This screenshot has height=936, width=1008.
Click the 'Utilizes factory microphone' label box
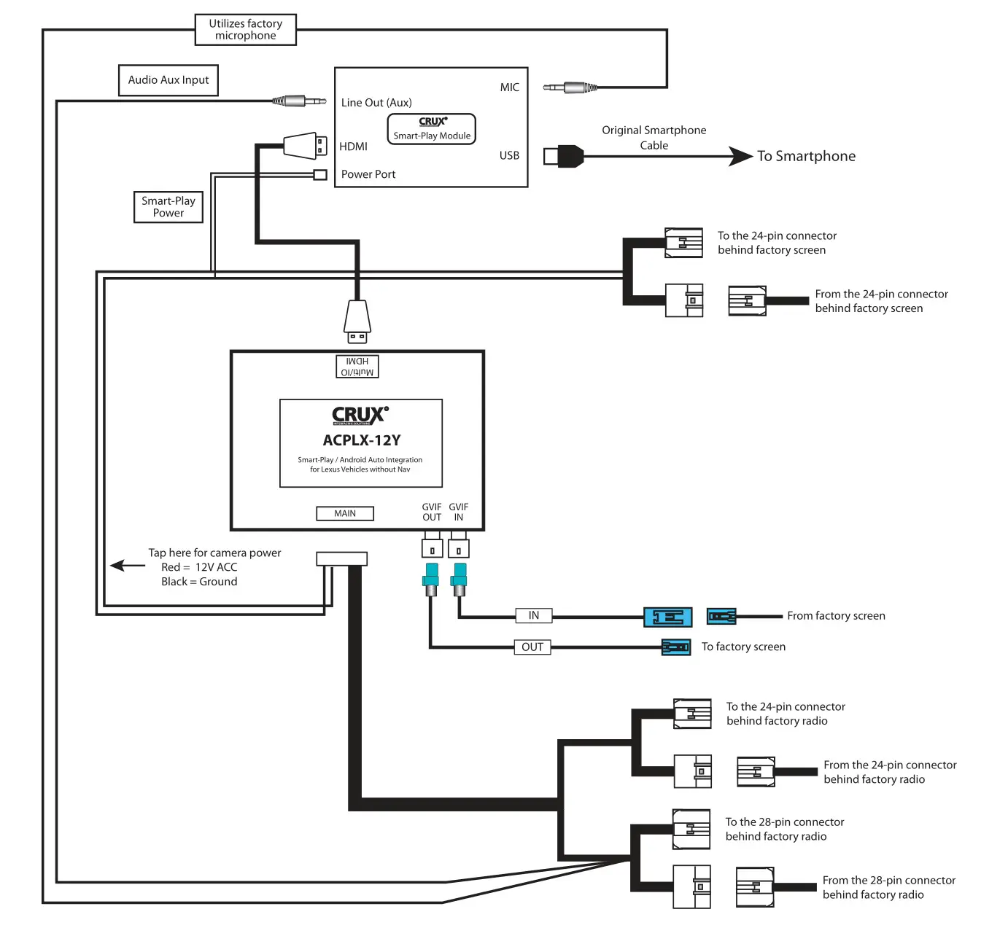246,30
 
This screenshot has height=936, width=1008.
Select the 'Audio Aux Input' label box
168,80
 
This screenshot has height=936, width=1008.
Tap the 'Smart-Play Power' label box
168,207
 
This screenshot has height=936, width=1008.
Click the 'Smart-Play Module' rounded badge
432,129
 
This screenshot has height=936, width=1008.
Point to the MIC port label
509,87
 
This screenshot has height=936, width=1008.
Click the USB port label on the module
509,155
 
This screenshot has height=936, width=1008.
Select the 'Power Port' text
368,174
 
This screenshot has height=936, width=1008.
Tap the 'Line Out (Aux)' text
376,103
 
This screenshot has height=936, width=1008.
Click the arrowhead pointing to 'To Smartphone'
740,156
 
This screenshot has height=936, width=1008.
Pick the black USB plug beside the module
565,156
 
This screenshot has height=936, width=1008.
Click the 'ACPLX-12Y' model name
362,440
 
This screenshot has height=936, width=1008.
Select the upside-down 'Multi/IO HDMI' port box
357,367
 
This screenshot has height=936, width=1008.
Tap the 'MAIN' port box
345,514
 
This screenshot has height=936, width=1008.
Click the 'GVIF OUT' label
432,512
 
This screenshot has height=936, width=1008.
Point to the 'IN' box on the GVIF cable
534,616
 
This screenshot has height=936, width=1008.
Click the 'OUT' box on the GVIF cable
532,647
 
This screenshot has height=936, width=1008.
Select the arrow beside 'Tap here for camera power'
128,566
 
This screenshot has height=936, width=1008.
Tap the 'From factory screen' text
836,616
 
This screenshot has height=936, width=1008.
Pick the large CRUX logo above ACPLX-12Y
360,416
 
